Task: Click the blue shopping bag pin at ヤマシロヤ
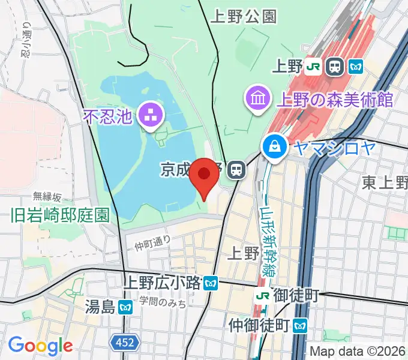(274, 146)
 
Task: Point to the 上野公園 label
(244, 17)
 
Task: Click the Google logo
(40, 346)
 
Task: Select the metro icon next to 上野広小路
(210, 283)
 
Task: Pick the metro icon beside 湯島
(125, 308)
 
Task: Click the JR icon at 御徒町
(262, 296)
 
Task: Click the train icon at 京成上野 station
(238, 170)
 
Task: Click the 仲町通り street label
(152, 242)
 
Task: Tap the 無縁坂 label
(47, 196)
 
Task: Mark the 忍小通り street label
(25, 40)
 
